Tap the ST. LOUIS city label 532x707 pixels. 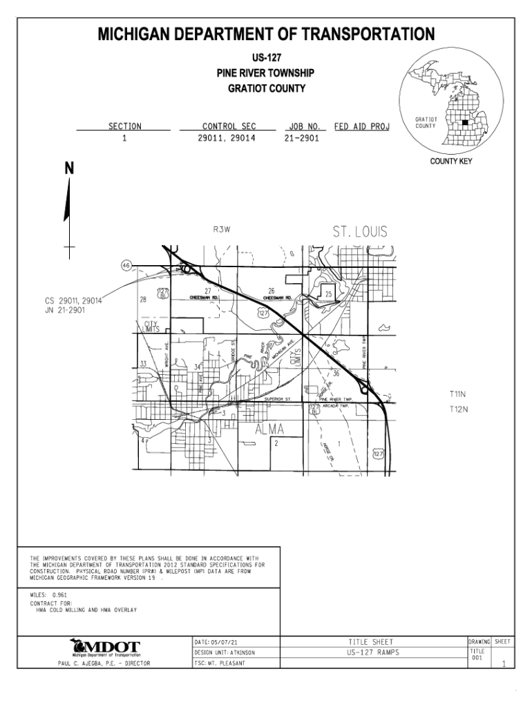360,232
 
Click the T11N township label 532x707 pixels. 459,394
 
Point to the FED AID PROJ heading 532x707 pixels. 362,126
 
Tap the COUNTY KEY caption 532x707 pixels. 450,162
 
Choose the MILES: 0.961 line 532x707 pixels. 49,594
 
